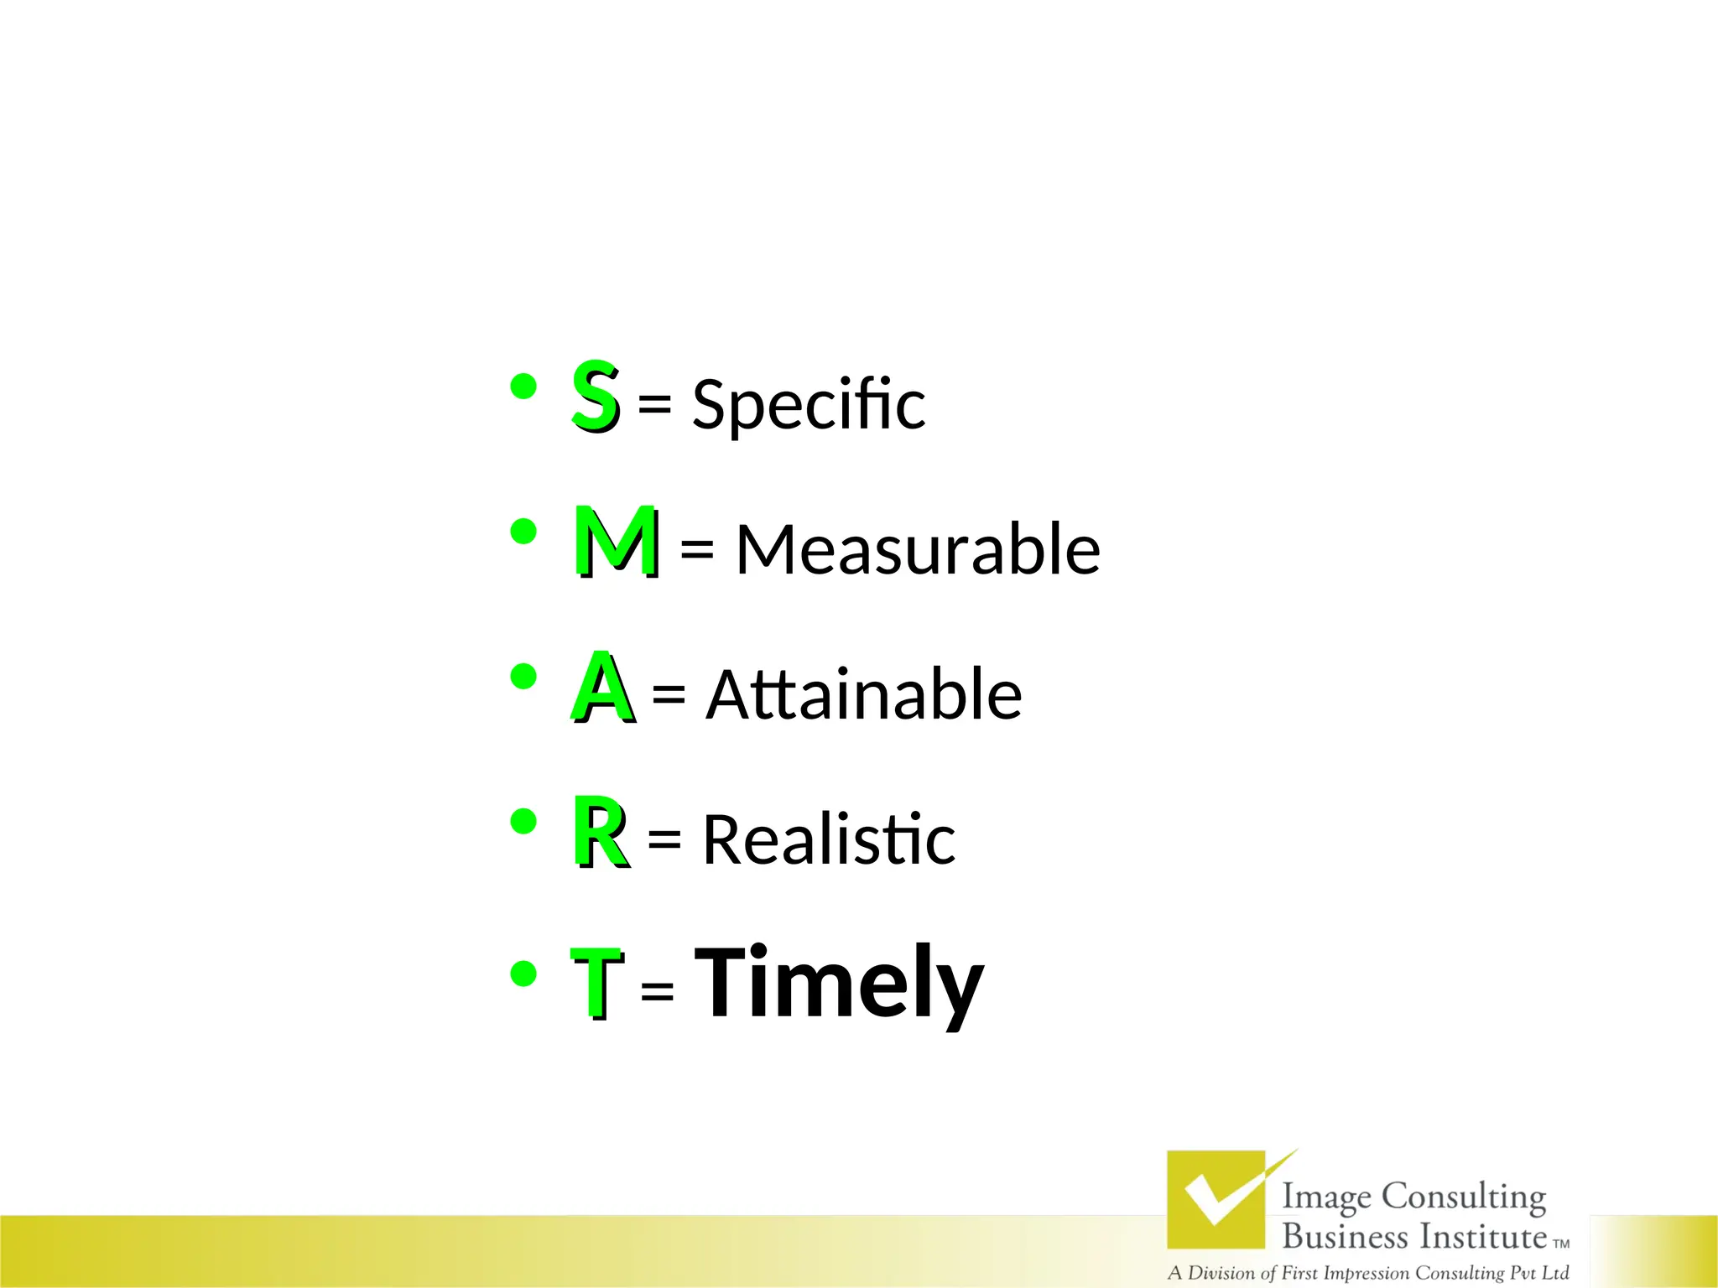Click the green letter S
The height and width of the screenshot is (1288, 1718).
(595, 394)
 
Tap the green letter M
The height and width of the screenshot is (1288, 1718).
(616, 541)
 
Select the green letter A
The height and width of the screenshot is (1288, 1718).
(601, 687)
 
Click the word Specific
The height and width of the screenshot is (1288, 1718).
(808, 404)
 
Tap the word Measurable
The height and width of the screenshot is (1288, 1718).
(918, 549)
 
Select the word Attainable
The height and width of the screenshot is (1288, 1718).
(864, 694)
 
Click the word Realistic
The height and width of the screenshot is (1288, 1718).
(829, 839)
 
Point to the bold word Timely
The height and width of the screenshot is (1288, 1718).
(839, 982)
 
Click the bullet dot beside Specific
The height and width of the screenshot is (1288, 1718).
(523, 387)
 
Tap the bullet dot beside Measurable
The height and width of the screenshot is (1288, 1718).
(523, 532)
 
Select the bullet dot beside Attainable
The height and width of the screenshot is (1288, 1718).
(523, 677)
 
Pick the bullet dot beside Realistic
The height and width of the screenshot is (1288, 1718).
(523, 822)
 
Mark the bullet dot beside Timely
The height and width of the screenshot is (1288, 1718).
(523, 974)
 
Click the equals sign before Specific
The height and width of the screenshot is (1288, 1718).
(654, 404)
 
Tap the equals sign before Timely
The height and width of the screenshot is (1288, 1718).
(657, 990)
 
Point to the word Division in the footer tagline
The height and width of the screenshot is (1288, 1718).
(1221, 1273)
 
